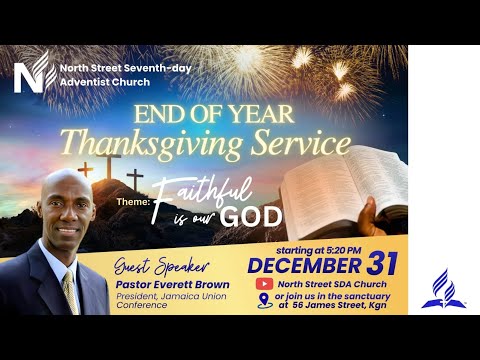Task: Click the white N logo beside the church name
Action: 31,72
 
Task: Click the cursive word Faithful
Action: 234,186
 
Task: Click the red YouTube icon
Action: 264,284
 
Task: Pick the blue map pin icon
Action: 264,301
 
